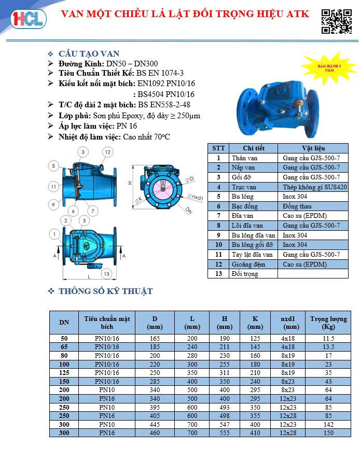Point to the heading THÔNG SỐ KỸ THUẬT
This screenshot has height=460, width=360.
tap(105, 291)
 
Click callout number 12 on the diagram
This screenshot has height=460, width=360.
tap(107, 152)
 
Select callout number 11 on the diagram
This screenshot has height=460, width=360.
tap(53, 186)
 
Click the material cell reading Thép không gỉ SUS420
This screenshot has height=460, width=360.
tap(315, 187)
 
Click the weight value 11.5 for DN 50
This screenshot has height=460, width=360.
tap(328, 338)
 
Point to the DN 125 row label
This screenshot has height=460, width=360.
tap(64, 372)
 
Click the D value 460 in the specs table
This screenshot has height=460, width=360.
tap(155, 433)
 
